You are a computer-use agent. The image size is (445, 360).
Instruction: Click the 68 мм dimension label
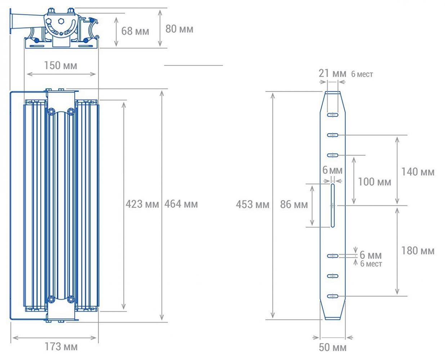(x=135, y=31)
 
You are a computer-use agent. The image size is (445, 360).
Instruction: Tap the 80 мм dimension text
(x=179, y=29)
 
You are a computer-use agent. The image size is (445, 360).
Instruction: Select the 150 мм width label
(x=60, y=66)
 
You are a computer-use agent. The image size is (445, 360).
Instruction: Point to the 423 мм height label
(x=142, y=204)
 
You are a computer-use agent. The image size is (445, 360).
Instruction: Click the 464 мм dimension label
(x=181, y=204)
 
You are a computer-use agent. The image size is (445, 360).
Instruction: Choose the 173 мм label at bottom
(x=61, y=347)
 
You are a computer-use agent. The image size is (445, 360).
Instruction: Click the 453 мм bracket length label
(x=253, y=204)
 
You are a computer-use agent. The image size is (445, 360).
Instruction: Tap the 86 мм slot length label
(x=294, y=204)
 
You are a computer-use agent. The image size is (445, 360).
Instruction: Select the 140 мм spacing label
(x=418, y=172)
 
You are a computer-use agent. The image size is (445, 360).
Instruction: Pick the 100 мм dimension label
(x=374, y=182)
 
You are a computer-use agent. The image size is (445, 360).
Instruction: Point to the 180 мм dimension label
(x=418, y=251)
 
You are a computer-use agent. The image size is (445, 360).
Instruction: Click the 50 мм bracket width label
(x=333, y=347)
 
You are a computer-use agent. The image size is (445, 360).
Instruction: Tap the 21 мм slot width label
(x=332, y=73)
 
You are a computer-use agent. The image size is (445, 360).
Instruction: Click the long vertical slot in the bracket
(x=333, y=206)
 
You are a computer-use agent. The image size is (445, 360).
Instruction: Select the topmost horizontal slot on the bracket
(x=333, y=115)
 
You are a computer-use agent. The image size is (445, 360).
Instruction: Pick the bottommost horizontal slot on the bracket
(x=333, y=296)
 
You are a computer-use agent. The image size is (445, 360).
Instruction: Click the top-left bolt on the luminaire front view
(x=51, y=112)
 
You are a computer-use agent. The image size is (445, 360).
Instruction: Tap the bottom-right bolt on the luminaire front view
(x=71, y=299)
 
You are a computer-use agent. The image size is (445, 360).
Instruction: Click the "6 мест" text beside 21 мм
(x=362, y=74)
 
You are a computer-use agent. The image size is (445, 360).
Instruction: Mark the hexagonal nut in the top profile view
(x=61, y=21)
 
